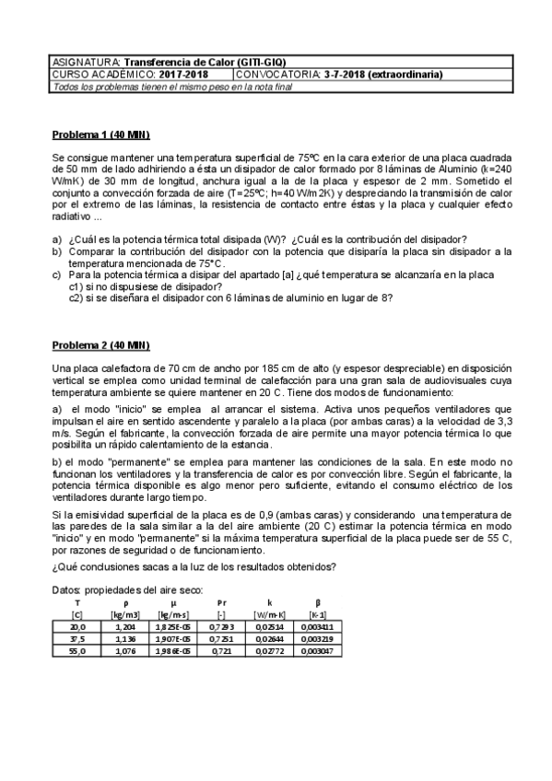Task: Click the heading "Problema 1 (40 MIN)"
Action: [x=100, y=135]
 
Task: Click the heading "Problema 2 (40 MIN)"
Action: [x=100, y=345]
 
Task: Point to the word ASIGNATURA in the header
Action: [x=86, y=63]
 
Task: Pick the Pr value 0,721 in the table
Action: [x=221, y=650]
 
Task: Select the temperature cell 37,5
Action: [x=77, y=637]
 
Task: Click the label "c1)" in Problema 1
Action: [x=77, y=286]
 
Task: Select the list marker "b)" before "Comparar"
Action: [x=57, y=251]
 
